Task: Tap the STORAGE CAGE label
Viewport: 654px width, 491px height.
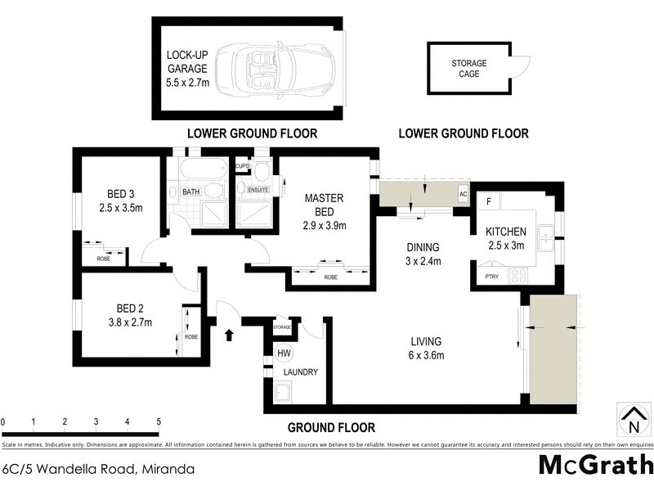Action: click(469, 68)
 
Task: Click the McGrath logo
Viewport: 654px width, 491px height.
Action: click(594, 465)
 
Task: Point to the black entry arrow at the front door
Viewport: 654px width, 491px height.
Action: click(229, 334)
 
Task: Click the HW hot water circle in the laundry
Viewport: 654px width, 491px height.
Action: click(284, 354)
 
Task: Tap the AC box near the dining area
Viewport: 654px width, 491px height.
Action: click(462, 195)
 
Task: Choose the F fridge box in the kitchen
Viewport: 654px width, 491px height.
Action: click(489, 201)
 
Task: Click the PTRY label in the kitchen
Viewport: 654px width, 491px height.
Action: click(490, 277)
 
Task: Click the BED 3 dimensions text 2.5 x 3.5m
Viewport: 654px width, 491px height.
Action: click(119, 208)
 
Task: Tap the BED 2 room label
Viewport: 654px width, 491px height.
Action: click(130, 309)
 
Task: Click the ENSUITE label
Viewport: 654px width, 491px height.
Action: click(258, 191)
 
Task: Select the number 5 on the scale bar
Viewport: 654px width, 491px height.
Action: click(158, 421)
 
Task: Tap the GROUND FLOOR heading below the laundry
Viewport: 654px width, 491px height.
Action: click(331, 427)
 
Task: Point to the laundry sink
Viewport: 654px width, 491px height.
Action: click(283, 396)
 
